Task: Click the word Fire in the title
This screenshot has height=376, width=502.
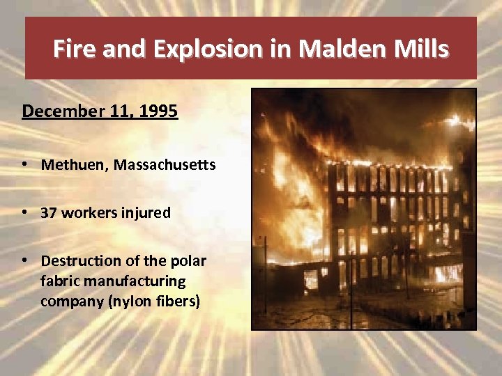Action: [73, 49]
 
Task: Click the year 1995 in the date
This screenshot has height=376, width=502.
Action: [158, 111]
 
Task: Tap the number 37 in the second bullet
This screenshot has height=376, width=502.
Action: [49, 213]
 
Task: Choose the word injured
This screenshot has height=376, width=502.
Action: [147, 213]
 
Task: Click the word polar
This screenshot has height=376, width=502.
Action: [189, 261]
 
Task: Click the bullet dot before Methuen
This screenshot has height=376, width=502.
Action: [25, 165]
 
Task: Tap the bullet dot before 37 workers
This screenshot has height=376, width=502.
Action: [25, 213]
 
